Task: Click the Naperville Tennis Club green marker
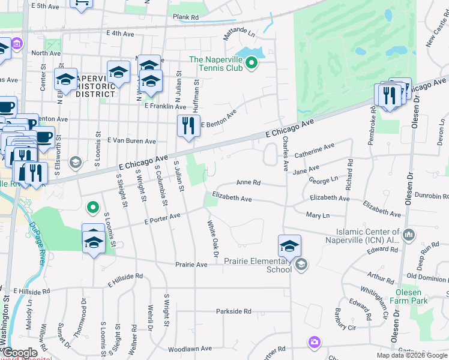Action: (253, 62)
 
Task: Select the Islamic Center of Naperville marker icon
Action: (409, 233)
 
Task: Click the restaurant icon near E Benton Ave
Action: (188, 126)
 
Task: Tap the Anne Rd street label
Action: (248, 182)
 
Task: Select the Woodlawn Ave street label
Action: (190, 348)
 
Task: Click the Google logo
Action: (19, 353)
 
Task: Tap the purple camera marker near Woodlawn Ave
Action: (313, 343)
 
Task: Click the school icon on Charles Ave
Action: (289, 245)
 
